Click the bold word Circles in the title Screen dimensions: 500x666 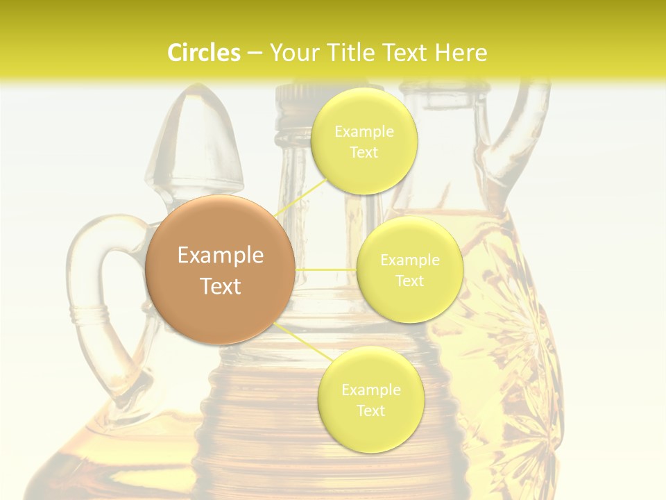(203, 53)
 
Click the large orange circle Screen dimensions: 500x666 (220, 269)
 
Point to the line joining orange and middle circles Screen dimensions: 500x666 (326, 269)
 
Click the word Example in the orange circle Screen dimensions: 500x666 (220, 255)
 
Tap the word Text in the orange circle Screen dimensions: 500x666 (220, 286)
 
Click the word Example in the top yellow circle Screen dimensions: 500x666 (364, 131)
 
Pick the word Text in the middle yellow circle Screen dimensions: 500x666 (410, 281)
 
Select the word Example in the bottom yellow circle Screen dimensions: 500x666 (370, 390)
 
